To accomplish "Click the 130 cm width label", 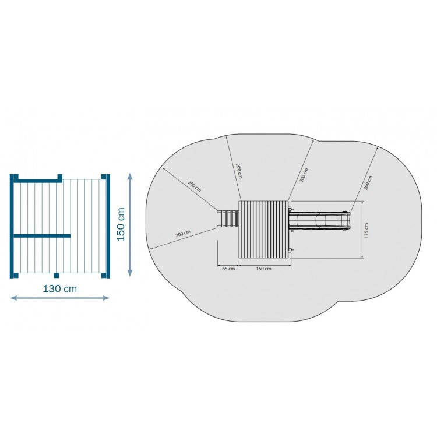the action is [x=59, y=289].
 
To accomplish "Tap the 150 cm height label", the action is [x=121, y=224].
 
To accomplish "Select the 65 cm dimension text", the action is [x=228, y=269].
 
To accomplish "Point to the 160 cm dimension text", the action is [x=263, y=269].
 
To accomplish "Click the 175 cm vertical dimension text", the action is [x=366, y=230].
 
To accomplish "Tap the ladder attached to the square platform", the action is [x=228, y=219].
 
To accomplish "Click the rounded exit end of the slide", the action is [x=347, y=221].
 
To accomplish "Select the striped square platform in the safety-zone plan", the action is [x=263, y=230].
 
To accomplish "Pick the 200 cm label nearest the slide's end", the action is [x=368, y=182].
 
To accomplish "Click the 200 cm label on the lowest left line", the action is [x=183, y=234].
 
